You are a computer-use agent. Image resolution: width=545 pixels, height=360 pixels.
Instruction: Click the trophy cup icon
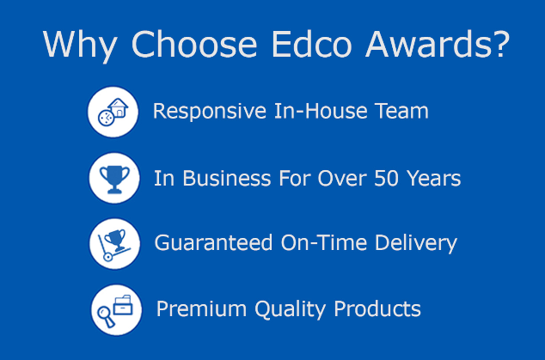[x=113, y=178]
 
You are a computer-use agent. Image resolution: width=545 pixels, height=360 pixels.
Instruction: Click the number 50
[x=387, y=178]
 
